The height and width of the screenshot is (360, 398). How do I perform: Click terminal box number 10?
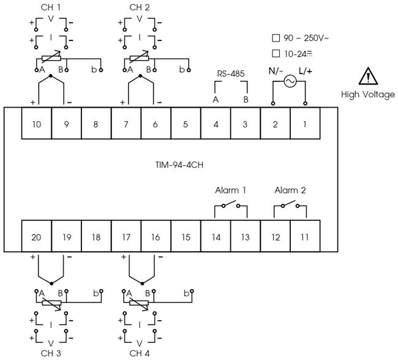[x=37, y=125]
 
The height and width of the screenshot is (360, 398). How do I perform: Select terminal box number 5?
[x=186, y=125]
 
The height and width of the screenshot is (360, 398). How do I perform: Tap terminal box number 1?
[x=305, y=125]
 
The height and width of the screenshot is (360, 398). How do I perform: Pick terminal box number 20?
[x=37, y=236]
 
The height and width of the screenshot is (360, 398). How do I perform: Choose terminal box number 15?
[x=186, y=236]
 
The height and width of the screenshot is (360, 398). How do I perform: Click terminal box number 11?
[x=305, y=236]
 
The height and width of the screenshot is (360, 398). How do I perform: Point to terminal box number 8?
[x=96, y=125]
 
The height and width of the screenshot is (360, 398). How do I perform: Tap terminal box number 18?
[x=96, y=236]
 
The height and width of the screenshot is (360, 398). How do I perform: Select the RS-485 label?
[x=231, y=74]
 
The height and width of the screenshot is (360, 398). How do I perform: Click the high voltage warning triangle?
[x=368, y=77]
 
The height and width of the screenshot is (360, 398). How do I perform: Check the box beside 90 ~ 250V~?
[x=275, y=38]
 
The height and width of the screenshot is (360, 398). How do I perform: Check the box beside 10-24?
[x=275, y=53]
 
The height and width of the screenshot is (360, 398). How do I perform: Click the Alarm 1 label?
[x=230, y=190]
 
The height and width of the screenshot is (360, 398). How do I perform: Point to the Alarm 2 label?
[x=290, y=190]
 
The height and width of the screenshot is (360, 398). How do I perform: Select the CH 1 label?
[x=51, y=7]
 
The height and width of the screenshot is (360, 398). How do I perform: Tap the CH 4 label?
[x=140, y=353]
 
